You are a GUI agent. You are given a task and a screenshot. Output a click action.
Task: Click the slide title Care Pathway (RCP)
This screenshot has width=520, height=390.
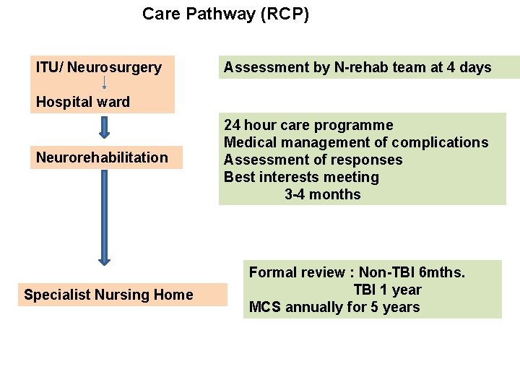coord(225,14)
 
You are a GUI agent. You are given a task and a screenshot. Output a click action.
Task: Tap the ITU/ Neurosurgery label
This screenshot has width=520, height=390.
coord(99,67)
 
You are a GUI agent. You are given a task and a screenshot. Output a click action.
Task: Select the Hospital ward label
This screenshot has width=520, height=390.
coord(83,102)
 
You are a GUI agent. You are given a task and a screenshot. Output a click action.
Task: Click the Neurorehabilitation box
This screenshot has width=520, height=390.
coord(102,157)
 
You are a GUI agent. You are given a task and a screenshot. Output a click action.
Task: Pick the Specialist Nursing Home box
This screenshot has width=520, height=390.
coord(108,294)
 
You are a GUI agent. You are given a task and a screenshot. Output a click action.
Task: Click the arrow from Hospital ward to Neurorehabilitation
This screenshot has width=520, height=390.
coord(104,127)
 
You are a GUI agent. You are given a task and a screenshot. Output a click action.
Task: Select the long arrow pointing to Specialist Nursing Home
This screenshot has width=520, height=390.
coord(104,217)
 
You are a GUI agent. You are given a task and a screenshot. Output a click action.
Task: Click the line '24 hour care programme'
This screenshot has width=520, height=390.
coord(308,125)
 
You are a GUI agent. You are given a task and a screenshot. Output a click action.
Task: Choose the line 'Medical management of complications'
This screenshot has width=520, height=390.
coord(356,142)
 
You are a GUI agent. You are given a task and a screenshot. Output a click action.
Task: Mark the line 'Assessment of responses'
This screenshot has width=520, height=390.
coord(313,160)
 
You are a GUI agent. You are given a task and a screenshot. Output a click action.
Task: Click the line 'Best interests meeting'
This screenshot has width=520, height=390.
coord(301,177)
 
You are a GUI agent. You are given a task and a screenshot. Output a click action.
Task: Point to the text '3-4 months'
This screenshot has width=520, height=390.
coord(322,194)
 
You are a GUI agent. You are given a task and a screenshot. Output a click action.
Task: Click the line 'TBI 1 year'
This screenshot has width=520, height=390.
coord(387,290)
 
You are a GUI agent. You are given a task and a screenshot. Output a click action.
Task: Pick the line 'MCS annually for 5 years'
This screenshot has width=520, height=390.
coord(334,307)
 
